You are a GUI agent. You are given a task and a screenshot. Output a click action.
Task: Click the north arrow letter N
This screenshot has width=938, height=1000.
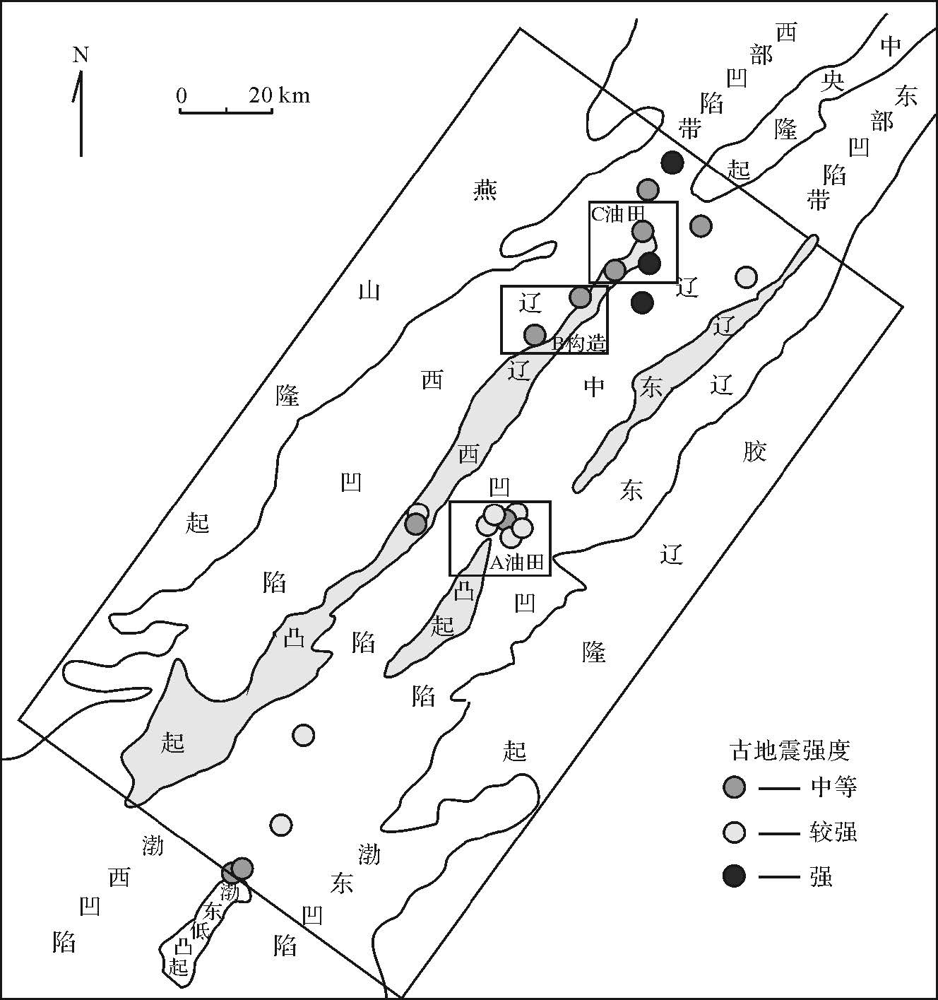point(81,54)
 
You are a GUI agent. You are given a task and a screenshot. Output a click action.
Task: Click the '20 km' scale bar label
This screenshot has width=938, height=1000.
point(279,95)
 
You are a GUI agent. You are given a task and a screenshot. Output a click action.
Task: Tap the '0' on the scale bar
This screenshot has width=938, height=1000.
point(182,95)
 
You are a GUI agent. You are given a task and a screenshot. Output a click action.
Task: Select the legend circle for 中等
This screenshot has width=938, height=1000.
point(735,787)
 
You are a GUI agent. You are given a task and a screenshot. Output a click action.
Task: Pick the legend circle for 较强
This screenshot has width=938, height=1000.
point(735,833)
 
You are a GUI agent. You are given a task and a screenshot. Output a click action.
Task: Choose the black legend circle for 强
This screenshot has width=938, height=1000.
point(735,877)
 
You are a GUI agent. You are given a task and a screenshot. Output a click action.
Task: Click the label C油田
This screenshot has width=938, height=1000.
point(617,213)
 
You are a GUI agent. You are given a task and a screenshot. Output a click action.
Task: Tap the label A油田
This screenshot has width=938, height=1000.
point(517,563)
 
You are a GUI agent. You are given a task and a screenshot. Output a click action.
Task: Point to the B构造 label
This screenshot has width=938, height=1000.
point(578,343)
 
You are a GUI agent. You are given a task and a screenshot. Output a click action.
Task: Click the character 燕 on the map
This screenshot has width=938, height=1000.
point(485,189)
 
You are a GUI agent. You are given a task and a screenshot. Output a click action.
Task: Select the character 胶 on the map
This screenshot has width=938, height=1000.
point(754,451)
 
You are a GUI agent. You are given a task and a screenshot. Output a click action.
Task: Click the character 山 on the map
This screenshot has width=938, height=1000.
point(369,290)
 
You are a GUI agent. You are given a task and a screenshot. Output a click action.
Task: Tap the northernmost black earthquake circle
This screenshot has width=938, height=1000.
point(672,163)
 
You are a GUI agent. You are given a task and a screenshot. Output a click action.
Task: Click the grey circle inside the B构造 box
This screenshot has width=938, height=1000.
point(535,334)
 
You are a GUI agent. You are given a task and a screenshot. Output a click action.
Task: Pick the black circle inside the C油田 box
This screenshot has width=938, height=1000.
point(649,264)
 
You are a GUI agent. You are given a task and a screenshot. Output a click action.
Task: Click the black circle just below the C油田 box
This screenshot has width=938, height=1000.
point(642,302)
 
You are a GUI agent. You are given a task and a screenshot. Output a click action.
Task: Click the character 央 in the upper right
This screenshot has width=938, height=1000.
point(833,82)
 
